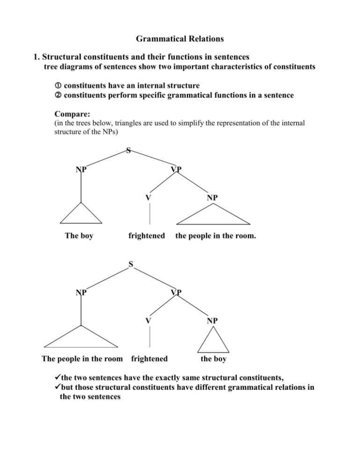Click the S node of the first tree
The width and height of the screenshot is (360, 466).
(x=128, y=151)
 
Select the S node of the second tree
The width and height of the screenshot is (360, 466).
(x=131, y=265)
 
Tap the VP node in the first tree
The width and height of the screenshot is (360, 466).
(x=176, y=169)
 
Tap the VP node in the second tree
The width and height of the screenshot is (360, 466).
(x=176, y=293)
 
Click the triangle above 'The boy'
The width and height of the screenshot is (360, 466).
(x=81, y=215)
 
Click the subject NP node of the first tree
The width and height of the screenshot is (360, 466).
(x=81, y=169)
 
